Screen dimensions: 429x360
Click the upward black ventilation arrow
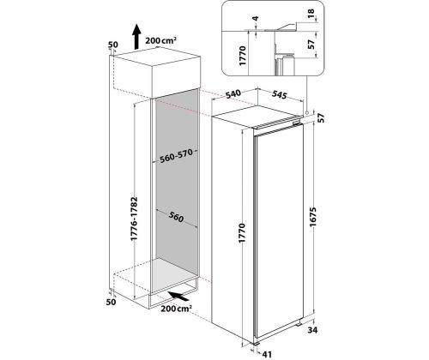coord(136,37)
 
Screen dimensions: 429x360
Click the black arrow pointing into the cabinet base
coord(178,296)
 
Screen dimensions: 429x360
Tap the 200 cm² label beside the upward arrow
coord(160,40)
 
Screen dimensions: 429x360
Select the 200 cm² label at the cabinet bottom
coord(176,309)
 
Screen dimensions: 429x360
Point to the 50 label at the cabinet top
coord(113,45)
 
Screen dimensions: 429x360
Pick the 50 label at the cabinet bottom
coord(111,302)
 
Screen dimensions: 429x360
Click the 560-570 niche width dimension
coord(176,156)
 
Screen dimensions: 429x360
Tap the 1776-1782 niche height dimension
coord(134,219)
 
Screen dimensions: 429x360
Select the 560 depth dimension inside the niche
coord(176,217)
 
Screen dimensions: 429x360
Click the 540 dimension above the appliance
coord(233,93)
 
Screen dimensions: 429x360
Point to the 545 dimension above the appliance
coord(279,94)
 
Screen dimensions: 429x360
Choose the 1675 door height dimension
coord(313,217)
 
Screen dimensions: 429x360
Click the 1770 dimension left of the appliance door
coord(242,233)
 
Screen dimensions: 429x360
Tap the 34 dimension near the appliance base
coord(312,330)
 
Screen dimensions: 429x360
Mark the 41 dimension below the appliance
coord(267,354)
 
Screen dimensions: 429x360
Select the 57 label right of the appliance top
coord(322,118)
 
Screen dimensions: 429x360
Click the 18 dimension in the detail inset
coord(311,13)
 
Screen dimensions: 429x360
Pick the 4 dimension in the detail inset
coord(256,19)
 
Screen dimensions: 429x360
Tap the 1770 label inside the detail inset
coord(242,56)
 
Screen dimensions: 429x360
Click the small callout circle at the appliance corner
coord(306,112)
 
